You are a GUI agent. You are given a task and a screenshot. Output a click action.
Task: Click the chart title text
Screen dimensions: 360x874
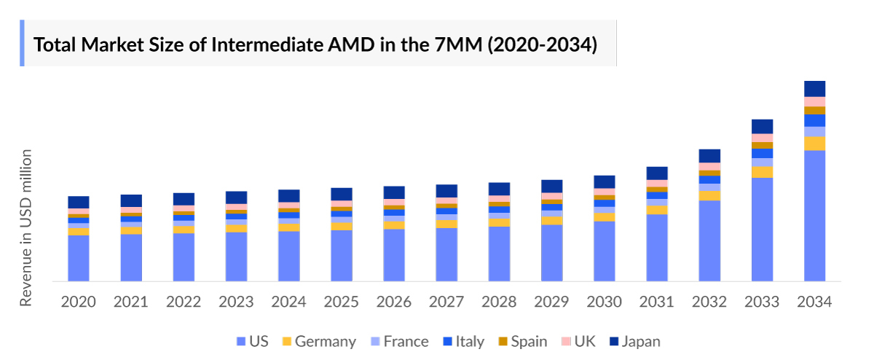coord(315,44)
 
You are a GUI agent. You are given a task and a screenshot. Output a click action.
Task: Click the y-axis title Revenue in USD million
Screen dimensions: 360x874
coord(26,227)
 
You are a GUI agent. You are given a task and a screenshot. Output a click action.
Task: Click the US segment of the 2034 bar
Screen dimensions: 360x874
coord(814,215)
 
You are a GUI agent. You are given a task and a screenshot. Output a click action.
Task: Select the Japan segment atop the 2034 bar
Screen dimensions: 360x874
coord(814,88)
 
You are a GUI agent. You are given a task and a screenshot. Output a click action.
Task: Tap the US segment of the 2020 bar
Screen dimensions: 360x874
coord(79,258)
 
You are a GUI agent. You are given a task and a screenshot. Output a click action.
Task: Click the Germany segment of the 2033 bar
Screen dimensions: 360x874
coord(762,172)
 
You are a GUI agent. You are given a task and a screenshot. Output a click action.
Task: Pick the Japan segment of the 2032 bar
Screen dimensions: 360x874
coord(709,156)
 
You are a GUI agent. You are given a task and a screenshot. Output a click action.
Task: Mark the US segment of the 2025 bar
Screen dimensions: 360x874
coord(342,255)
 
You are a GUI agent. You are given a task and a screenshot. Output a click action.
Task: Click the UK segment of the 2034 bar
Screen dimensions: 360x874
coord(814,101)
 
